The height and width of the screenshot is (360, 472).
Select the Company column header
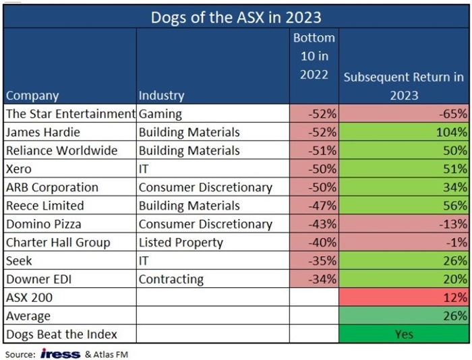[32, 96]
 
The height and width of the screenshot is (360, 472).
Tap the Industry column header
[161, 96]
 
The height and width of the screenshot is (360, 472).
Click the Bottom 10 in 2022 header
[314, 57]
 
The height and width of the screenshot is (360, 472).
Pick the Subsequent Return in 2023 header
[403, 86]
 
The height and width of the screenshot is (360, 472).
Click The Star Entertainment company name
[70, 114]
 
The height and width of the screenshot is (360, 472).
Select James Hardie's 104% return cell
[403, 132]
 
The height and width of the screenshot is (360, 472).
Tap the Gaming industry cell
[160, 114]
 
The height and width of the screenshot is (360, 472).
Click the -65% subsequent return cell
[403, 114]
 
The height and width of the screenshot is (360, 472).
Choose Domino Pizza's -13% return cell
[403, 224]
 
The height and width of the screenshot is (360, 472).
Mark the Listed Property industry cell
[181, 242]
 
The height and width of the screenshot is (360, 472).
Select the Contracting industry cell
[171, 278]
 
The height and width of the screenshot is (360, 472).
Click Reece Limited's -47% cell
[314, 206]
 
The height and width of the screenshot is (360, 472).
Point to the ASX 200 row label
[28, 297]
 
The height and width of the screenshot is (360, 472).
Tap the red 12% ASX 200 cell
[403, 297]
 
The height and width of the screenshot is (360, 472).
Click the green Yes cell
[403, 333]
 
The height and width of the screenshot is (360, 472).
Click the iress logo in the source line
[60, 353]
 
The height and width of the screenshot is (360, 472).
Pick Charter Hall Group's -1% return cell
[403, 242]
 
